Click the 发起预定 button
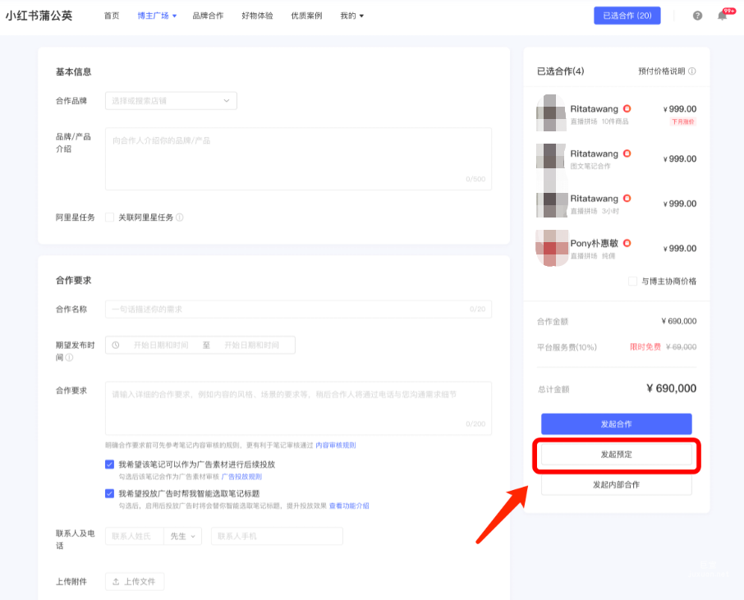(616, 454)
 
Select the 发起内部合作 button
(616, 484)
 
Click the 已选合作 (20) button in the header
(627, 16)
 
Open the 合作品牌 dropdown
(171, 101)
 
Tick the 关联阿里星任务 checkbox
(110, 218)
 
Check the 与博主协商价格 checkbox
(632, 281)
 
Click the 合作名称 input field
(287, 309)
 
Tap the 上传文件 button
(135, 582)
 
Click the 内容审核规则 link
(336, 445)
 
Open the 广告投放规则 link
(241, 476)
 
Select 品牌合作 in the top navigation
(208, 16)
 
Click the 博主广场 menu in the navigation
(157, 16)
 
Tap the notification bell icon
(723, 16)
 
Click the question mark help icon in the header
(697, 16)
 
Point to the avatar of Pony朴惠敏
(552, 248)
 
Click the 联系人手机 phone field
(277, 536)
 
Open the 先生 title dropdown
(182, 536)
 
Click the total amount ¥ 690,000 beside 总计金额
(671, 389)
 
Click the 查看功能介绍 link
(349, 506)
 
